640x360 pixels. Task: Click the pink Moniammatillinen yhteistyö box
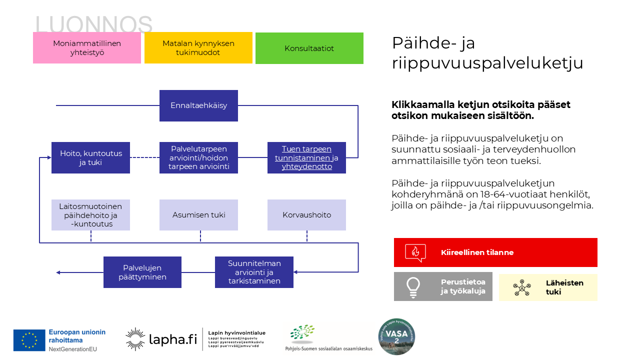pos(87,48)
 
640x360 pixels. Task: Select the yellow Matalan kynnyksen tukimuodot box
pos(198,48)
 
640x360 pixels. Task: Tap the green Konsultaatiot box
pos(309,48)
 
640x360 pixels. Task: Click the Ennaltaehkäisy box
pos(198,105)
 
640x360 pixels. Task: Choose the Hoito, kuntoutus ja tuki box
pos(90,157)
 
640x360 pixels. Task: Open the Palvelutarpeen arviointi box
pos(198,157)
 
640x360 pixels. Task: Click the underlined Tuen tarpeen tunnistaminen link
pos(306,157)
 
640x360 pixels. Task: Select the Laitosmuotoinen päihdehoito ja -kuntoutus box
pos(90,215)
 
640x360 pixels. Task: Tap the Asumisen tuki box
pos(198,215)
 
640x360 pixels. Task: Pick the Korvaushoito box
pos(306,215)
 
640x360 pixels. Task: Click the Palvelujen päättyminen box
pos(142,272)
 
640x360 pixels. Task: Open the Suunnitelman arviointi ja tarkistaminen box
pos(254,272)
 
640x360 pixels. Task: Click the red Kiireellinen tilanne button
pos(495,252)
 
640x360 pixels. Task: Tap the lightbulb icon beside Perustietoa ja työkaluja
pos(413,286)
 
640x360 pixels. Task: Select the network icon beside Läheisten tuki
pos(521,287)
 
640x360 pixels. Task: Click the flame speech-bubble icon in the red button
pos(415,252)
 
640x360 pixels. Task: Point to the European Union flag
pos(29,340)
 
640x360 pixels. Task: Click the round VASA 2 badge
pos(396,337)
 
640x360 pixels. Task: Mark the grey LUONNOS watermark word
pos(94,24)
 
